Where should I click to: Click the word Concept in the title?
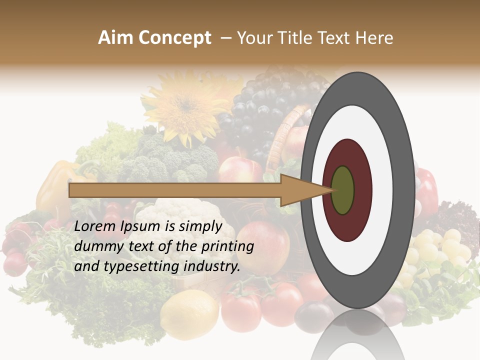pyautogui.click(x=174, y=38)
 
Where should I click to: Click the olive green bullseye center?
pyautogui.click(x=342, y=190)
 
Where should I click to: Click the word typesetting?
pyautogui.click(x=135, y=267)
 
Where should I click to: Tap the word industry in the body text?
pyautogui.click(x=209, y=266)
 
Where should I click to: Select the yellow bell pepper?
pyautogui.click(x=55, y=185)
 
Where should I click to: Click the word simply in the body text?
pyautogui.click(x=199, y=227)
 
